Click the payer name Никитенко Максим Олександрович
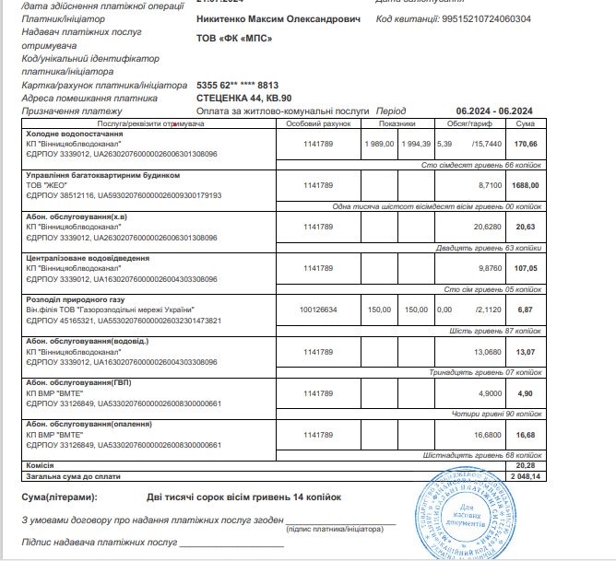pos(278,18)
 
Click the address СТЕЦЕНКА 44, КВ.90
pos(244,97)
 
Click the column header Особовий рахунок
pos(319,123)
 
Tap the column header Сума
pos(525,123)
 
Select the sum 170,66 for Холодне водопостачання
pos(525,145)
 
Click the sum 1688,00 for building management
pos(525,185)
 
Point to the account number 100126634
pos(319,310)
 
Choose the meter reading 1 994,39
pos(416,145)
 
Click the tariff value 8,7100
pos(487,185)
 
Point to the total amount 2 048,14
pos(523,476)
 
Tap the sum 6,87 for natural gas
pos(525,310)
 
